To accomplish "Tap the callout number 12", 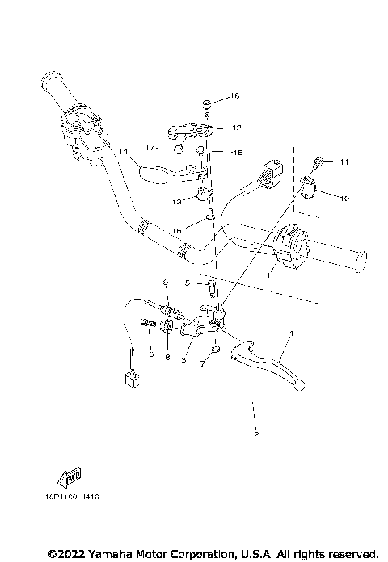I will [x=235, y=128].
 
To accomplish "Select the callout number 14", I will [x=124, y=151].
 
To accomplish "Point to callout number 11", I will [x=344, y=162].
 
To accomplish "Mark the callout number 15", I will [x=236, y=152].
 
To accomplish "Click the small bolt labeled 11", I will [x=321, y=162].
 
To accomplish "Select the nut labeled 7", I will [x=215, y=350].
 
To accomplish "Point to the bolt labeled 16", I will [x=210, y=215].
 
